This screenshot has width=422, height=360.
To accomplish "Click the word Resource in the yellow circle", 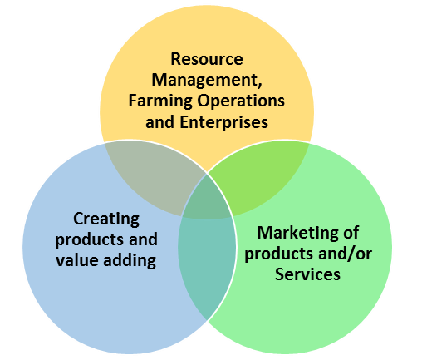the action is coord(207,59).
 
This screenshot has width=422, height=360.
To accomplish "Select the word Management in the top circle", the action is coord(205,80).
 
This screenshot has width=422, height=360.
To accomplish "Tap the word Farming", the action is coord(160,101).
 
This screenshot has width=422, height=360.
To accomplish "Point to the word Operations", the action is coord(241,101).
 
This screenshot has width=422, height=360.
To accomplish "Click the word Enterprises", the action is coord(224,122).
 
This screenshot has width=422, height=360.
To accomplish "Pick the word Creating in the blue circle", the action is coord(106,219).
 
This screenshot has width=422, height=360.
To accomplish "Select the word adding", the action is coord(130,261).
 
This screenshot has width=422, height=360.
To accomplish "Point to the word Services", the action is coord(307,274).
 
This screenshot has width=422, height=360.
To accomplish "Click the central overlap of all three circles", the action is coord(208,197).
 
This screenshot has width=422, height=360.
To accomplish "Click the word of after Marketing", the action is coord(351,232).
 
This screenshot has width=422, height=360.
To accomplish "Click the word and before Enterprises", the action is coord(160,122).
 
